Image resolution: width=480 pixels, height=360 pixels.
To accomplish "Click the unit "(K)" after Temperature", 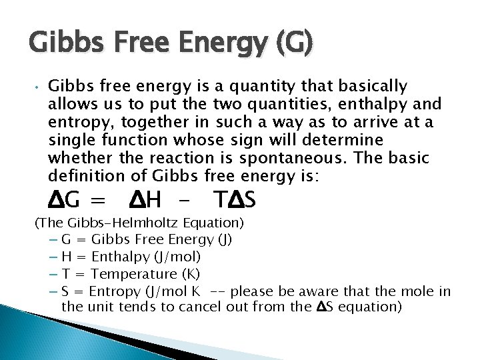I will [x=191, y=274].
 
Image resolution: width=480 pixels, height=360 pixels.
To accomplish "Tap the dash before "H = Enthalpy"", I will [x=53, y=257].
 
